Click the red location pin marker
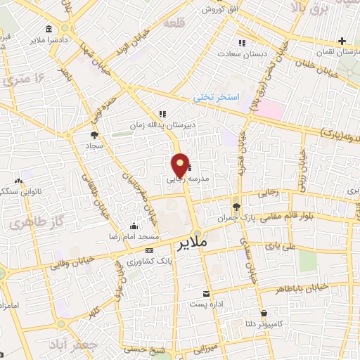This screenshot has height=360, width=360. (x=181, y=165)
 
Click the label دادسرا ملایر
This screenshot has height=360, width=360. (x=71, y=30)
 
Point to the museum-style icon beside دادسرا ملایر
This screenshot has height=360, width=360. (x=48, y=30)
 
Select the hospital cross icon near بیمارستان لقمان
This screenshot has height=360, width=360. (x=342, y=41)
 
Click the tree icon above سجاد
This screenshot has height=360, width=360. (x=94, y=134)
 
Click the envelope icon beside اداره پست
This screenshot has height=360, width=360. (x=206, y=293)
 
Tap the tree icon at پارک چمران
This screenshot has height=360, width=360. (x=236, y=207)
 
